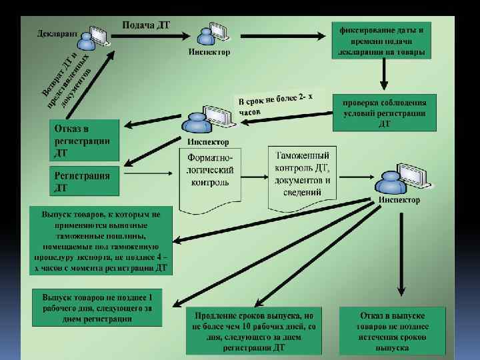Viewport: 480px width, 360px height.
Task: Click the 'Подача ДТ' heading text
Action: click(x=146, y=25)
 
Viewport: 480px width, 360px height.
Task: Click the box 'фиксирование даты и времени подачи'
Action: click(x=382, y=41)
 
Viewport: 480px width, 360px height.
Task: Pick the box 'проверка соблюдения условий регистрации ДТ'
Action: click(x=385, y=113)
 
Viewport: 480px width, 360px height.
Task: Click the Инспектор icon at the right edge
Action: click(x=400, y=178)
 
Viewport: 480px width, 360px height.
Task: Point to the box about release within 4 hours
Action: click(x=100, y=240)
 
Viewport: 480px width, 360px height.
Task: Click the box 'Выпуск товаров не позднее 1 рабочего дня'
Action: click(x=97, y=307)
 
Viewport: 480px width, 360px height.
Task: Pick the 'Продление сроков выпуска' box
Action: click(x=254, y=329)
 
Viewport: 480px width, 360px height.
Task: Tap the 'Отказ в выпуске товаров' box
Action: click(x=392, y=329)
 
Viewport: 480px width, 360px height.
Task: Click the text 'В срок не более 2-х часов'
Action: click(x=273, y=105)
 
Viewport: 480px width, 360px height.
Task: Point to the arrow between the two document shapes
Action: click(x=255, y=176)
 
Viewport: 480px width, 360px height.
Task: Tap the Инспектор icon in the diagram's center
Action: click(x=204, y=120)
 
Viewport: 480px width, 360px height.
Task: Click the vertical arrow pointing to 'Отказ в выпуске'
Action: click(x=400, y=253)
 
